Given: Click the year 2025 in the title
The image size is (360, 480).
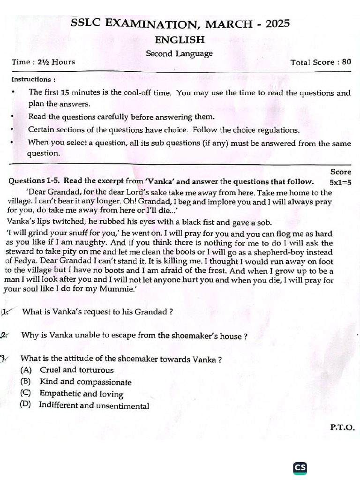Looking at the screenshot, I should click(x=277, y=23).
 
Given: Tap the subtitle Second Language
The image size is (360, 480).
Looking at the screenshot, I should click(x=179, y=53).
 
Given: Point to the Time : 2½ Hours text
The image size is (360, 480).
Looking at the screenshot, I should click(x=43, y=62).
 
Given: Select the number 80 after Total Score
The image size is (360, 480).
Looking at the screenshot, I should click(x=346, y=62).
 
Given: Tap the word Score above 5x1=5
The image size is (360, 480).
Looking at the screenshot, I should click(x=340, y=172).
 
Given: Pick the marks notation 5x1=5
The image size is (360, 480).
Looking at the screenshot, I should click(x=340, y=182).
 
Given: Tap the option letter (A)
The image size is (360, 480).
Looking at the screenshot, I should click(x=26, y=370).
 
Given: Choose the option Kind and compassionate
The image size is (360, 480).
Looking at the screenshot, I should click(x=85, y=382).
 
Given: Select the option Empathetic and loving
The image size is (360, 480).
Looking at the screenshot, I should click(x=81, y=394).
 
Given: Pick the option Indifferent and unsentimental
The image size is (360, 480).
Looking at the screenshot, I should click(x=94, y=406).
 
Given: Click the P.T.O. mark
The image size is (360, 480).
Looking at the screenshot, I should click(x=342, y=427).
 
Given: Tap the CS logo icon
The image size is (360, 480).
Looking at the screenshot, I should click(x=300, y=468).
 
